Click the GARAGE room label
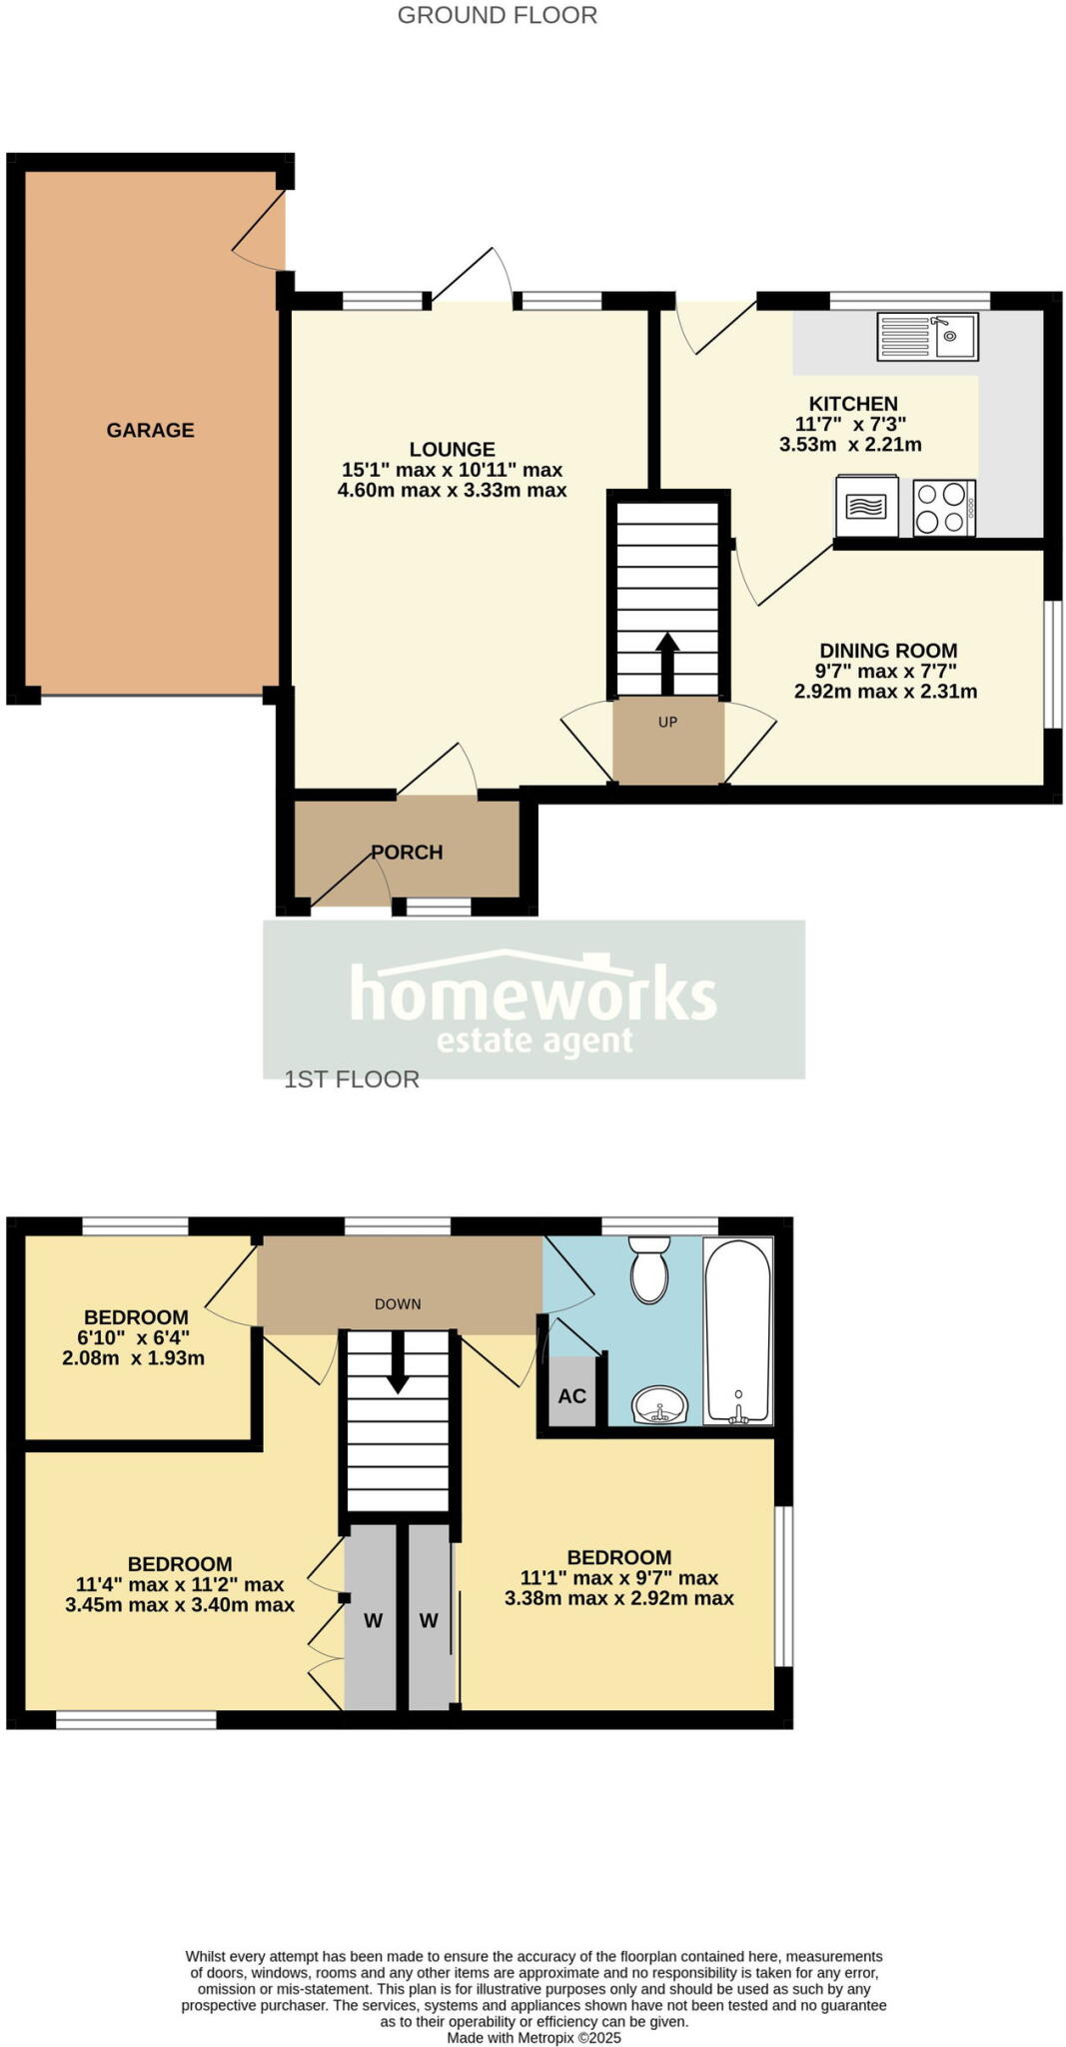(150, 430)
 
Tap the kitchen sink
(927, 336)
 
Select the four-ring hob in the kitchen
(943, 508)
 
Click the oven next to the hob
(866, 507)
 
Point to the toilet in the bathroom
(649, 1269)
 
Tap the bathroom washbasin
(659, 1405)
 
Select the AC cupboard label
(571, 1396)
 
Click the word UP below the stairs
(667, 722)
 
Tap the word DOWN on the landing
(398, 1304)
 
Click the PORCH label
(407, 853)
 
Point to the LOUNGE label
(452, 450)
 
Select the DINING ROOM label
(888, 651)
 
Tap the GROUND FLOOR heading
(498, 15)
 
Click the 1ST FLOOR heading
(352, 1079)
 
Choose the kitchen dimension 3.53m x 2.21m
(850, 445)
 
